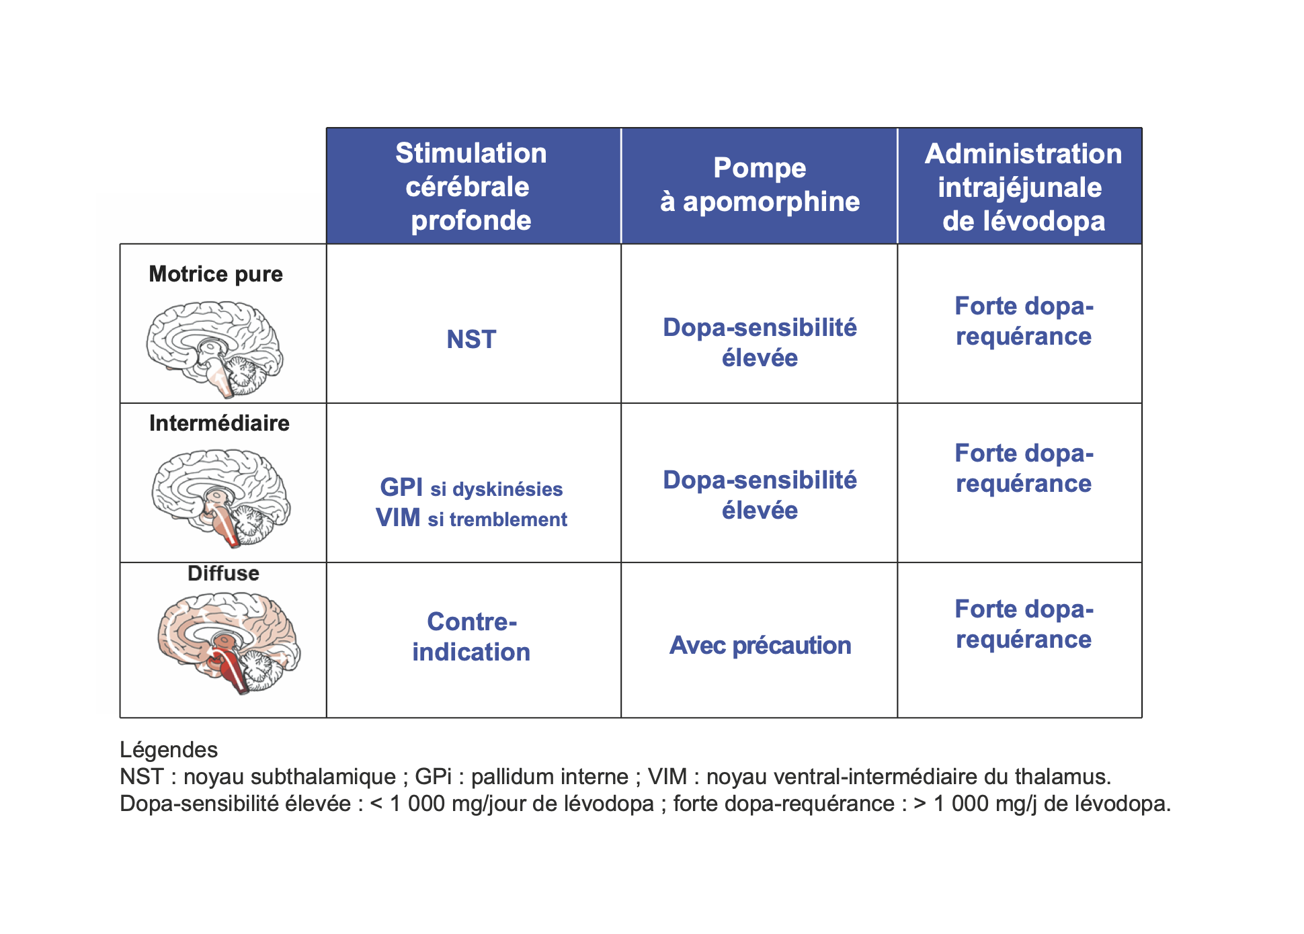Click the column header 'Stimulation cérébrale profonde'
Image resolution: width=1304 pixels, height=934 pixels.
471,186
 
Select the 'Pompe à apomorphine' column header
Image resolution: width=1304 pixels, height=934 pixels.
760,185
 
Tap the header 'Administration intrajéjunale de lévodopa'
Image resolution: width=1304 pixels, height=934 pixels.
1023,187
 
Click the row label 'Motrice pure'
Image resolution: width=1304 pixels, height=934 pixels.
216,274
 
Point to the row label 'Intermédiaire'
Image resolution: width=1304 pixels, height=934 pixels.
219,423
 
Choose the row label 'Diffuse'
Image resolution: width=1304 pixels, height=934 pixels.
223,573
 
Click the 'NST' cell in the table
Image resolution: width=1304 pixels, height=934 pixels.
471,339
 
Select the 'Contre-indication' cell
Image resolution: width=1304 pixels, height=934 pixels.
471,637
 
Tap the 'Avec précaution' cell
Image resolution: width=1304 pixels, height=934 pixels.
760,645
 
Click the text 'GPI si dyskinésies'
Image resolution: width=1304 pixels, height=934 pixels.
471,488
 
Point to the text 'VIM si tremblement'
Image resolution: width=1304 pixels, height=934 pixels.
471,518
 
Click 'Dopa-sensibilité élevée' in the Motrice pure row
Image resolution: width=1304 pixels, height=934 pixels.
760,343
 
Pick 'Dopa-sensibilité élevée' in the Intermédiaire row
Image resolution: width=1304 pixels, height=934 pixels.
760,495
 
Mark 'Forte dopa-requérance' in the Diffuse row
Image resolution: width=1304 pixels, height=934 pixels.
1024,624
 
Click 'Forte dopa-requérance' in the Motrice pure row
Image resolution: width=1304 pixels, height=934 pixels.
1024,321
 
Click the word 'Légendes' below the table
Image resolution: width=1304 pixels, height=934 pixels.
169,750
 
